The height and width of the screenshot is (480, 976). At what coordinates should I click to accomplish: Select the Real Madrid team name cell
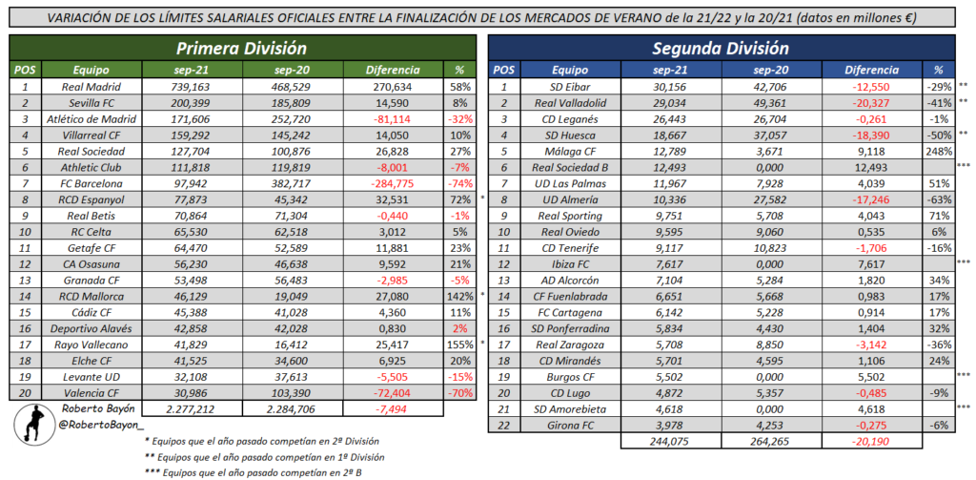click(x=90, y=86)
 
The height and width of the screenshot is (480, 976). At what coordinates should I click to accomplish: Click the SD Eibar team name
click(x=568, y=86)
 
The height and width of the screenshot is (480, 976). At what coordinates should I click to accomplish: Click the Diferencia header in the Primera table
click(x=392, y=70)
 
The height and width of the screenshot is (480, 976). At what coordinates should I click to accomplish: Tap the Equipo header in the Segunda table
click(x=569, y=70)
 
